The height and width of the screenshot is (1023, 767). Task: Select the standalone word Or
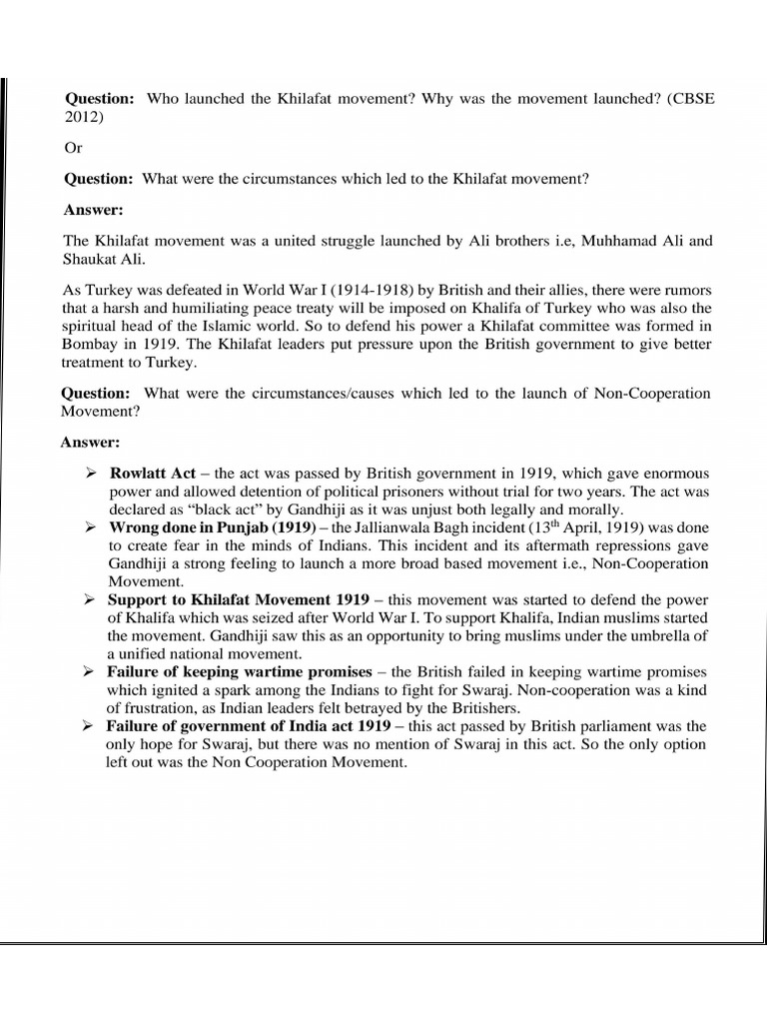click(x=75, y=147)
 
